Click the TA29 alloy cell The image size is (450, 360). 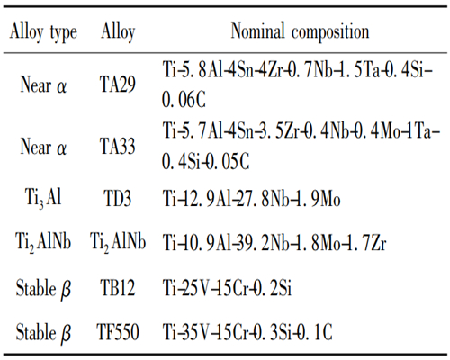tap(119, 86)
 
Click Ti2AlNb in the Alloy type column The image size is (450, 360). tap(43, 243)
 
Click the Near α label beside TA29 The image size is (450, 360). tap(42, 86)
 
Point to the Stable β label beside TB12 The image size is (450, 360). tap(42, 291)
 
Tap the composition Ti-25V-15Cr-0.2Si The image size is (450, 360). tap(240, 290)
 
